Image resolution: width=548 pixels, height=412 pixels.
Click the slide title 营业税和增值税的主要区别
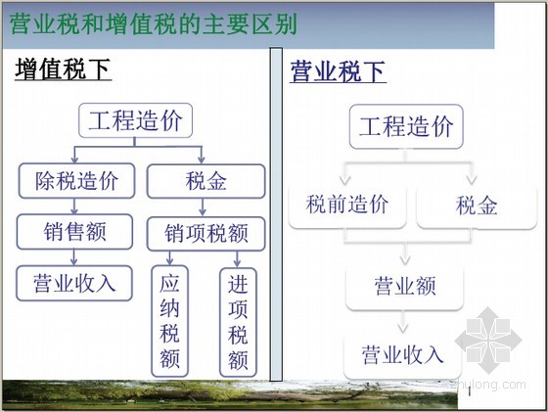153,23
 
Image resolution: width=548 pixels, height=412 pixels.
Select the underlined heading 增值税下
63,69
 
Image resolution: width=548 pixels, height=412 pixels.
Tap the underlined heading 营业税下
338,71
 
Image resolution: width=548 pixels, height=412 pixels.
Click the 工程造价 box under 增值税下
135,120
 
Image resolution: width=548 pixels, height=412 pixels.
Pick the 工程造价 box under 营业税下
406,126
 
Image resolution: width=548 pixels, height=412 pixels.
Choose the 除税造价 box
76,181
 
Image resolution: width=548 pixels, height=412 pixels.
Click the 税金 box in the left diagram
205,181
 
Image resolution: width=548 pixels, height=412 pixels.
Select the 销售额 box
74,232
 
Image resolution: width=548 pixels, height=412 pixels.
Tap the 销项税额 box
205,234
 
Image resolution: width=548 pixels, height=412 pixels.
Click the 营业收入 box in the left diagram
74,283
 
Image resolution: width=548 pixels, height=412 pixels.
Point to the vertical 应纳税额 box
169,321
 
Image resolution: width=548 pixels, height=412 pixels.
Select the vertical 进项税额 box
238,322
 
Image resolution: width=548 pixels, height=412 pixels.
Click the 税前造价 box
347,206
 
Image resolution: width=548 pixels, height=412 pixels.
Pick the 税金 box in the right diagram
477,206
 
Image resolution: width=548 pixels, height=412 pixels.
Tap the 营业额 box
405,287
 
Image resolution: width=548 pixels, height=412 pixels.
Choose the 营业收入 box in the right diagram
402,355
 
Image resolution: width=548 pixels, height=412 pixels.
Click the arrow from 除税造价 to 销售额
74,206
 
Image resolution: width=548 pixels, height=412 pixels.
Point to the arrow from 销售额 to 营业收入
73,257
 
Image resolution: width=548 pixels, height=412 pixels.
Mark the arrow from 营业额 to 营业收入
403,322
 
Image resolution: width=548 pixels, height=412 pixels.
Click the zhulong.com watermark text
488,386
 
